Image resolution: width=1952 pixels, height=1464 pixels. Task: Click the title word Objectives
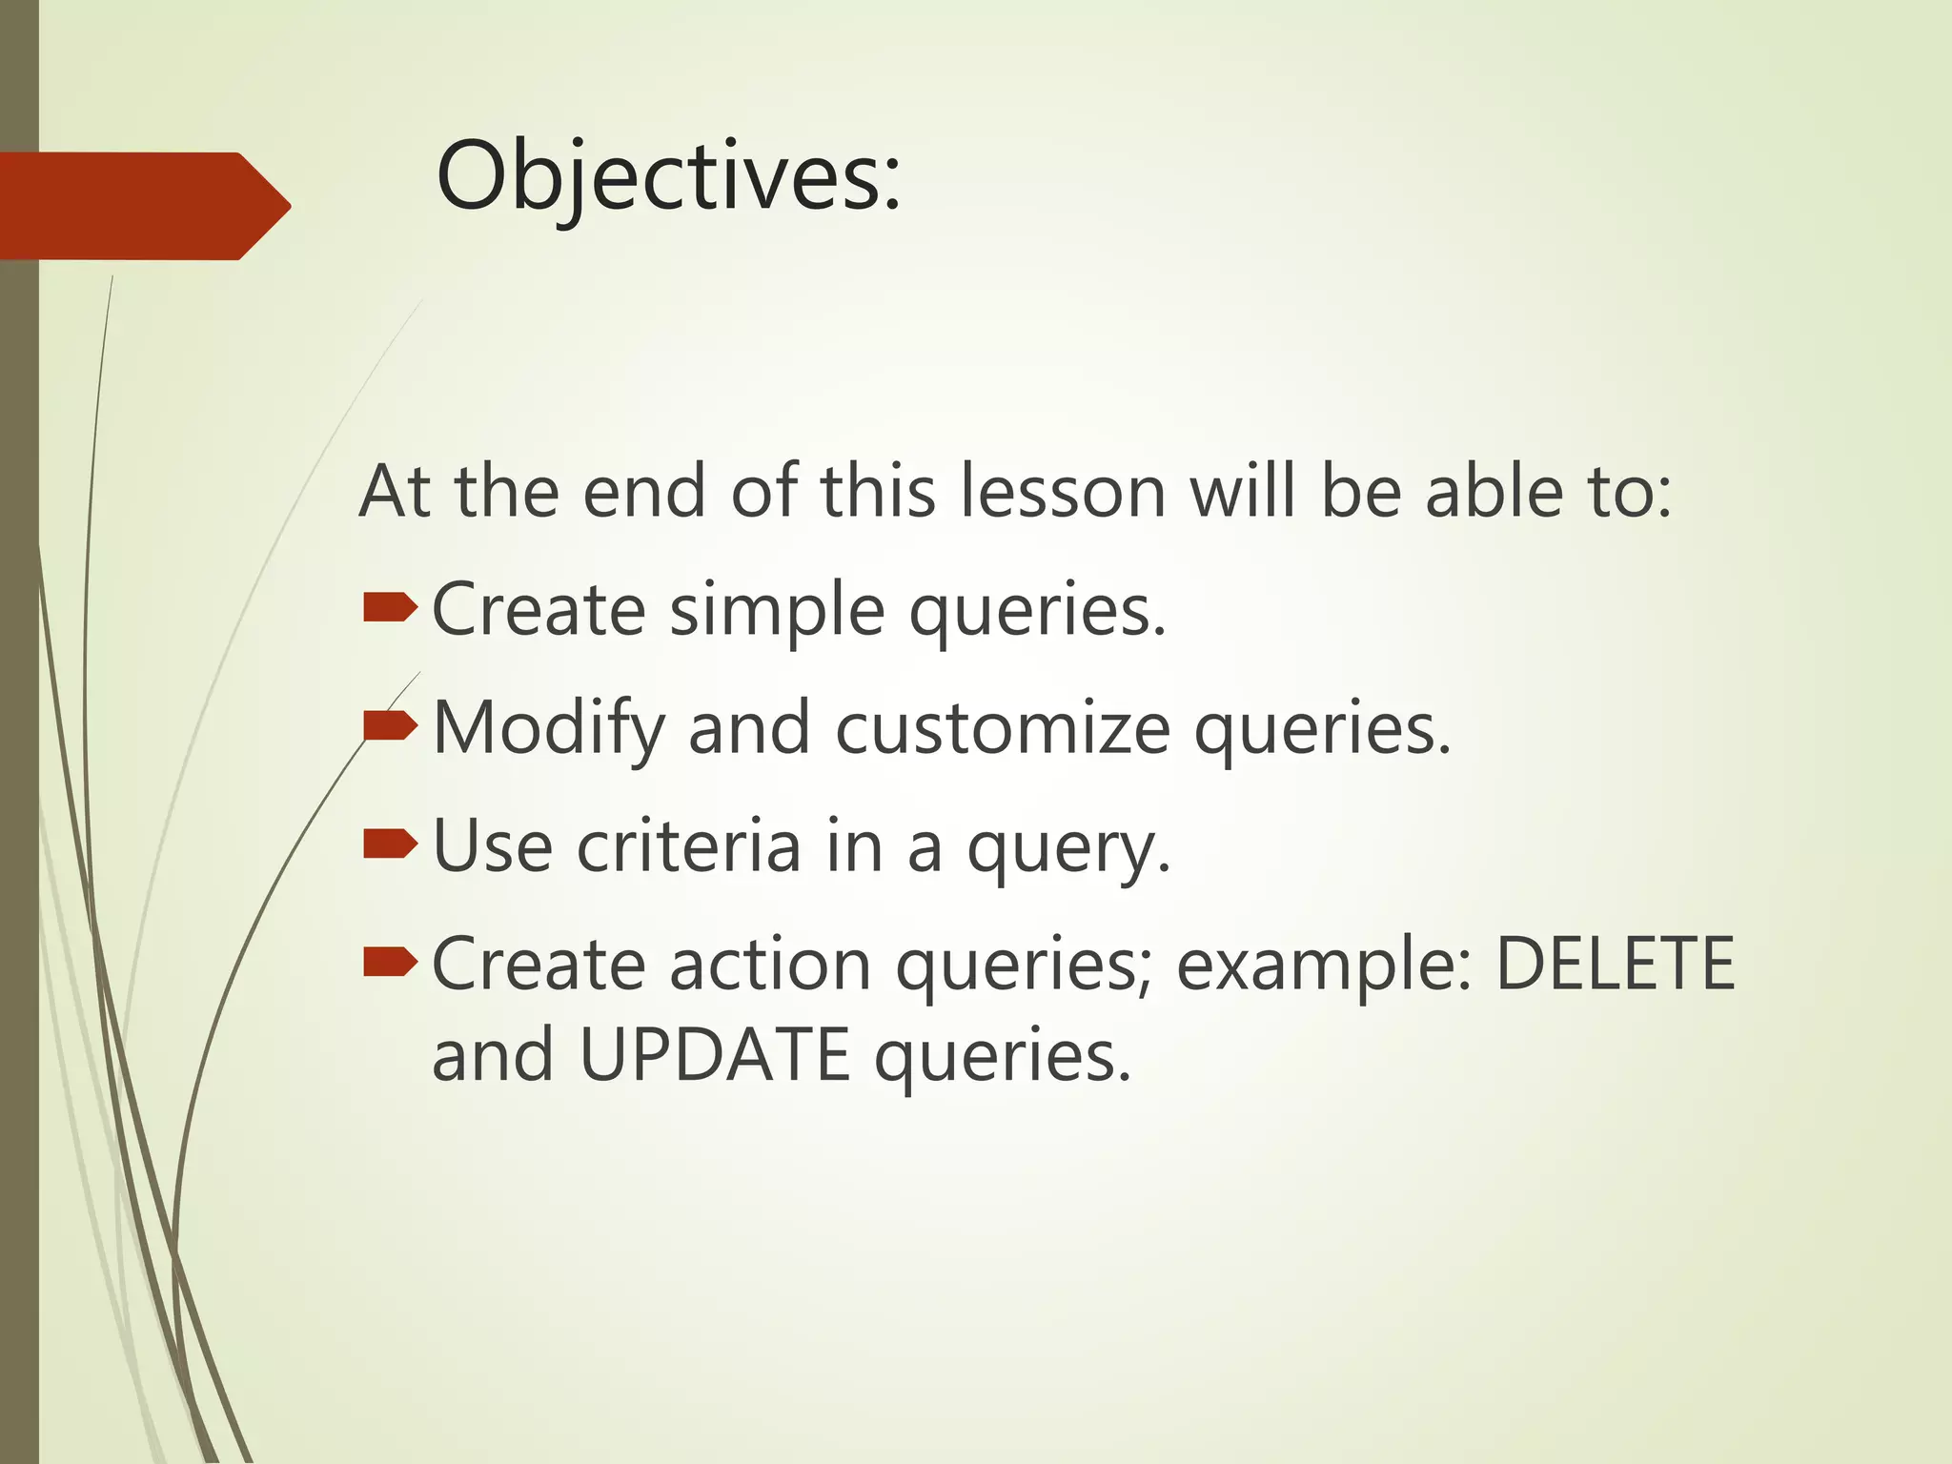[667, 177]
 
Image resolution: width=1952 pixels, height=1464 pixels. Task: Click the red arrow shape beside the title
[143, 206]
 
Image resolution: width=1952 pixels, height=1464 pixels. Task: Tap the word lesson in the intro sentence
[1062, 492]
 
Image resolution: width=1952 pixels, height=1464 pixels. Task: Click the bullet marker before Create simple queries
[390, 607]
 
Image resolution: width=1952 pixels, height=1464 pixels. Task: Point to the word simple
[777, 611]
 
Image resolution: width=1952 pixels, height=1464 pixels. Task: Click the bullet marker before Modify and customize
[390, 726]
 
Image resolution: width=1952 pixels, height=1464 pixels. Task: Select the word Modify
[548, 729]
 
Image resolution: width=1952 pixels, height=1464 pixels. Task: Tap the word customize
[1003, 729]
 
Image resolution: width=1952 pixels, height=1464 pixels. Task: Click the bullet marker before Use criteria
[390, 844]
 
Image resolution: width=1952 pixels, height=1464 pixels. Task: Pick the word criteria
[688, 846]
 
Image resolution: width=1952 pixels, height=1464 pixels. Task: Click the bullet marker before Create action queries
[390, 962]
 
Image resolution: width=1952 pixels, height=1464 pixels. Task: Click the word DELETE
[1615, 965]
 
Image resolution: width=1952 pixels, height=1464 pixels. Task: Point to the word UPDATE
[714, 1056]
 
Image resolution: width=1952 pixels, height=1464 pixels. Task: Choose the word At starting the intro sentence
[393, 492]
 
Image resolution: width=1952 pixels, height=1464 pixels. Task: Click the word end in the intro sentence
[644, 492]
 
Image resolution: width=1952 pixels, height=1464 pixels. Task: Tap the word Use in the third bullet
[493, 846]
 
